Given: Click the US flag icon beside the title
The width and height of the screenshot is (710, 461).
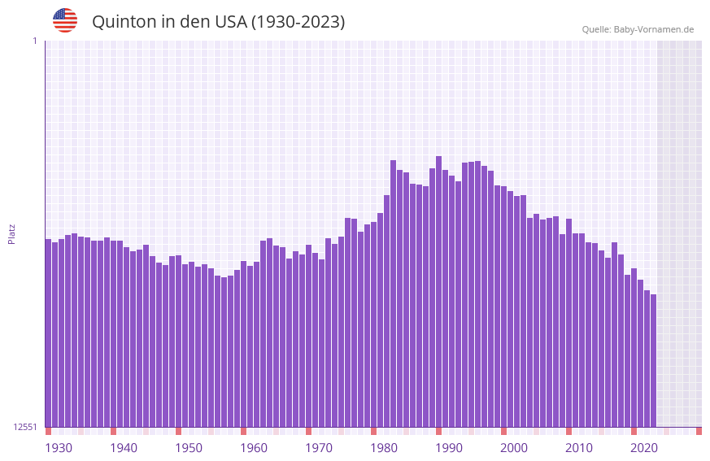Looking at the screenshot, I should [65, 20].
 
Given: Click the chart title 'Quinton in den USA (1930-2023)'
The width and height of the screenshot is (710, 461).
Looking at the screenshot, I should [218, 22].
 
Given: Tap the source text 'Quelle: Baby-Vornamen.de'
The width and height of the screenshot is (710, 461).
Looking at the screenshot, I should [638, 29].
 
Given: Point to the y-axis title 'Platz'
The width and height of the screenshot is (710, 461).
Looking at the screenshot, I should [11, 233].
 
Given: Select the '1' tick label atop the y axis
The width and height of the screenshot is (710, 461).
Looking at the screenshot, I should [34, 41].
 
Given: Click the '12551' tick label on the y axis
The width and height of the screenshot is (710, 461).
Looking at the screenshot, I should [24, 427].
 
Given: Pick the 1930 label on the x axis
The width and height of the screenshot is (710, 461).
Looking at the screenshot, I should [59, 448].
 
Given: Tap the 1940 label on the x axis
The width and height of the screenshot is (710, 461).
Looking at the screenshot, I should [124, 448].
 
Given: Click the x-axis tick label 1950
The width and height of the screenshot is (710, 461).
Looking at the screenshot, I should [189, 448].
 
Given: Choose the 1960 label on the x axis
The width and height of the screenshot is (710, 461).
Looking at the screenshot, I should [254, 448].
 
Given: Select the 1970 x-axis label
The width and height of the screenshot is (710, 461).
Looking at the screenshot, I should [319, 448].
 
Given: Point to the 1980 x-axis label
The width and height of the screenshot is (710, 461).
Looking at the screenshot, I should [384, 448].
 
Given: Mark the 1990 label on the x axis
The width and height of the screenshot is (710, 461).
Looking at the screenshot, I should [449, 448].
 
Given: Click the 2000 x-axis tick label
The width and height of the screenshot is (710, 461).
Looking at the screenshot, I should [514, 448].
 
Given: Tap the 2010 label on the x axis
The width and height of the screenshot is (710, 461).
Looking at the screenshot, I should [579, 448].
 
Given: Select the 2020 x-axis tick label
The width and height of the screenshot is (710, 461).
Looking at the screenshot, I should [644, 448].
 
